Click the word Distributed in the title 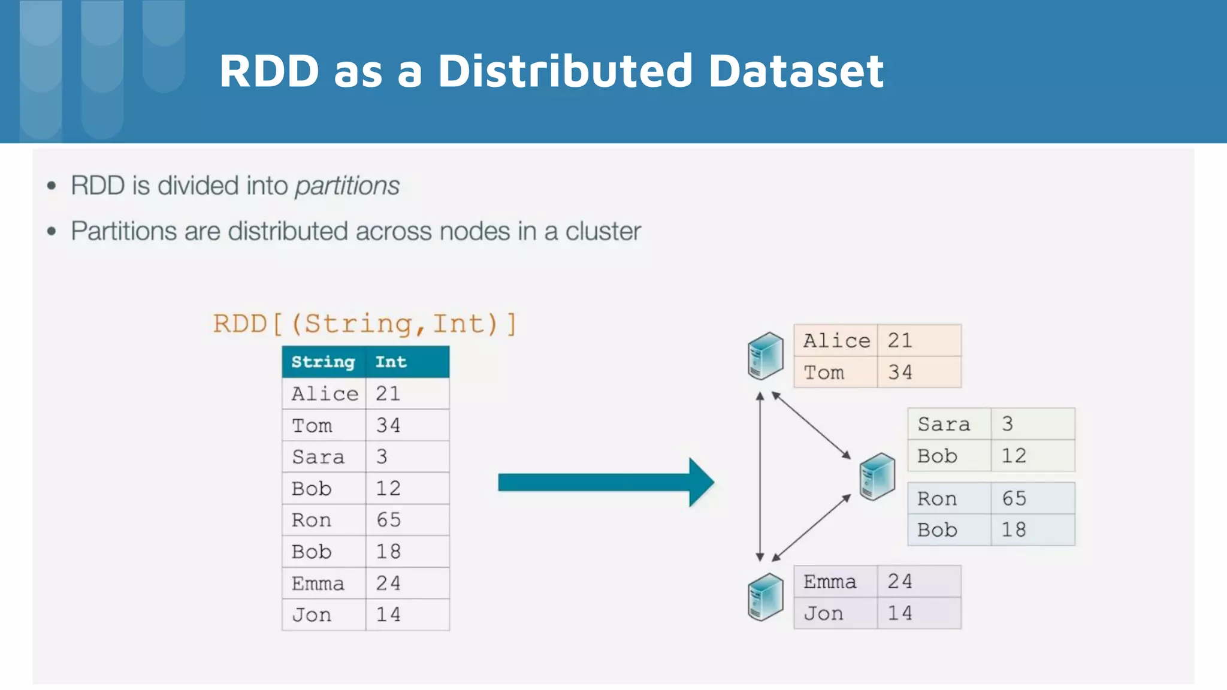565,71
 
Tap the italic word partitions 347,186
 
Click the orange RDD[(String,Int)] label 364,324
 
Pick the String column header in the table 323,362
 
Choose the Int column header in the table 391,362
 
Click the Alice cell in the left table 324,394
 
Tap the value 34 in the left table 388,425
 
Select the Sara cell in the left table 318,457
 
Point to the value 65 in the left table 388,520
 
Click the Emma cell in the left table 318,583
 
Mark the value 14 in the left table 388,615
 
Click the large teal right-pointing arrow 605,482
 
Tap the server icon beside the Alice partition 765,356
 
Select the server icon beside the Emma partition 765,597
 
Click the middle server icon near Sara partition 877,477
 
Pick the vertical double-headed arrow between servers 760,477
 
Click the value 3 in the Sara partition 1008,424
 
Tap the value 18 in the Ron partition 1014,529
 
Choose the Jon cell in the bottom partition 824,613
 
